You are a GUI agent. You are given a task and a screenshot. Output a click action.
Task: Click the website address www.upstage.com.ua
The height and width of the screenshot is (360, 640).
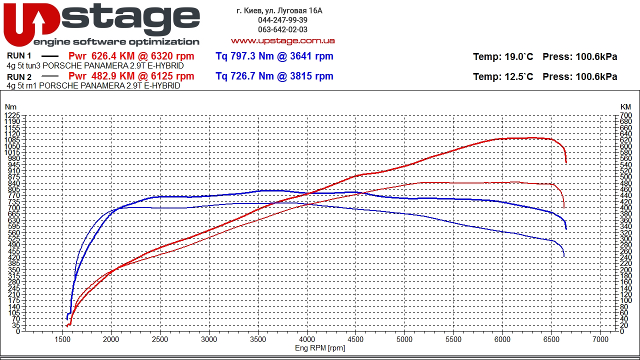[282, 40]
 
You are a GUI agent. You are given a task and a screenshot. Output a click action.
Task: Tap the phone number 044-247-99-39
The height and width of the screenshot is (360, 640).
[282, 20]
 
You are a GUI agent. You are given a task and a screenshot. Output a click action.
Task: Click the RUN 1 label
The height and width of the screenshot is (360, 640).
[19, 56]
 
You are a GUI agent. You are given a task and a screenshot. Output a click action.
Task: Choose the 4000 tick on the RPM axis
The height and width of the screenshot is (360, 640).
[307, 339]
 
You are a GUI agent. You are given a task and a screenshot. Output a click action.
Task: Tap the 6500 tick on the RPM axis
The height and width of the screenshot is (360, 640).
[551, 339]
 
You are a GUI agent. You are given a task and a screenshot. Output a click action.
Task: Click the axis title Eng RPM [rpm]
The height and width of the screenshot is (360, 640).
[320, 348]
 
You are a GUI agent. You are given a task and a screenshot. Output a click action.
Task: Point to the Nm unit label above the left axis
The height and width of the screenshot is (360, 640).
[10, 107]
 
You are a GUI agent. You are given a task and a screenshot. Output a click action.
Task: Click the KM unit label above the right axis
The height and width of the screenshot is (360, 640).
[625, 107]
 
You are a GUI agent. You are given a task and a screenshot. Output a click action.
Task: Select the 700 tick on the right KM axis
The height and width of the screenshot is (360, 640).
[625, 115]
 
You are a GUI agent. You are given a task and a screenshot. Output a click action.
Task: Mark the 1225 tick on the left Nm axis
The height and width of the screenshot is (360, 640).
[12, 115]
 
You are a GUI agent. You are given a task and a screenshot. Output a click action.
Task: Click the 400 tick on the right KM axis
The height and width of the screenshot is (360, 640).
[625, 208]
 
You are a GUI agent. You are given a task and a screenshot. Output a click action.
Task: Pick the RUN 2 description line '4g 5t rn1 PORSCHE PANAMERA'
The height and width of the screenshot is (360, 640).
[93, 86]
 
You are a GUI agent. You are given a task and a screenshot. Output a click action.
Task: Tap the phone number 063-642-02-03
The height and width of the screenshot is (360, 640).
[282, 29]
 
